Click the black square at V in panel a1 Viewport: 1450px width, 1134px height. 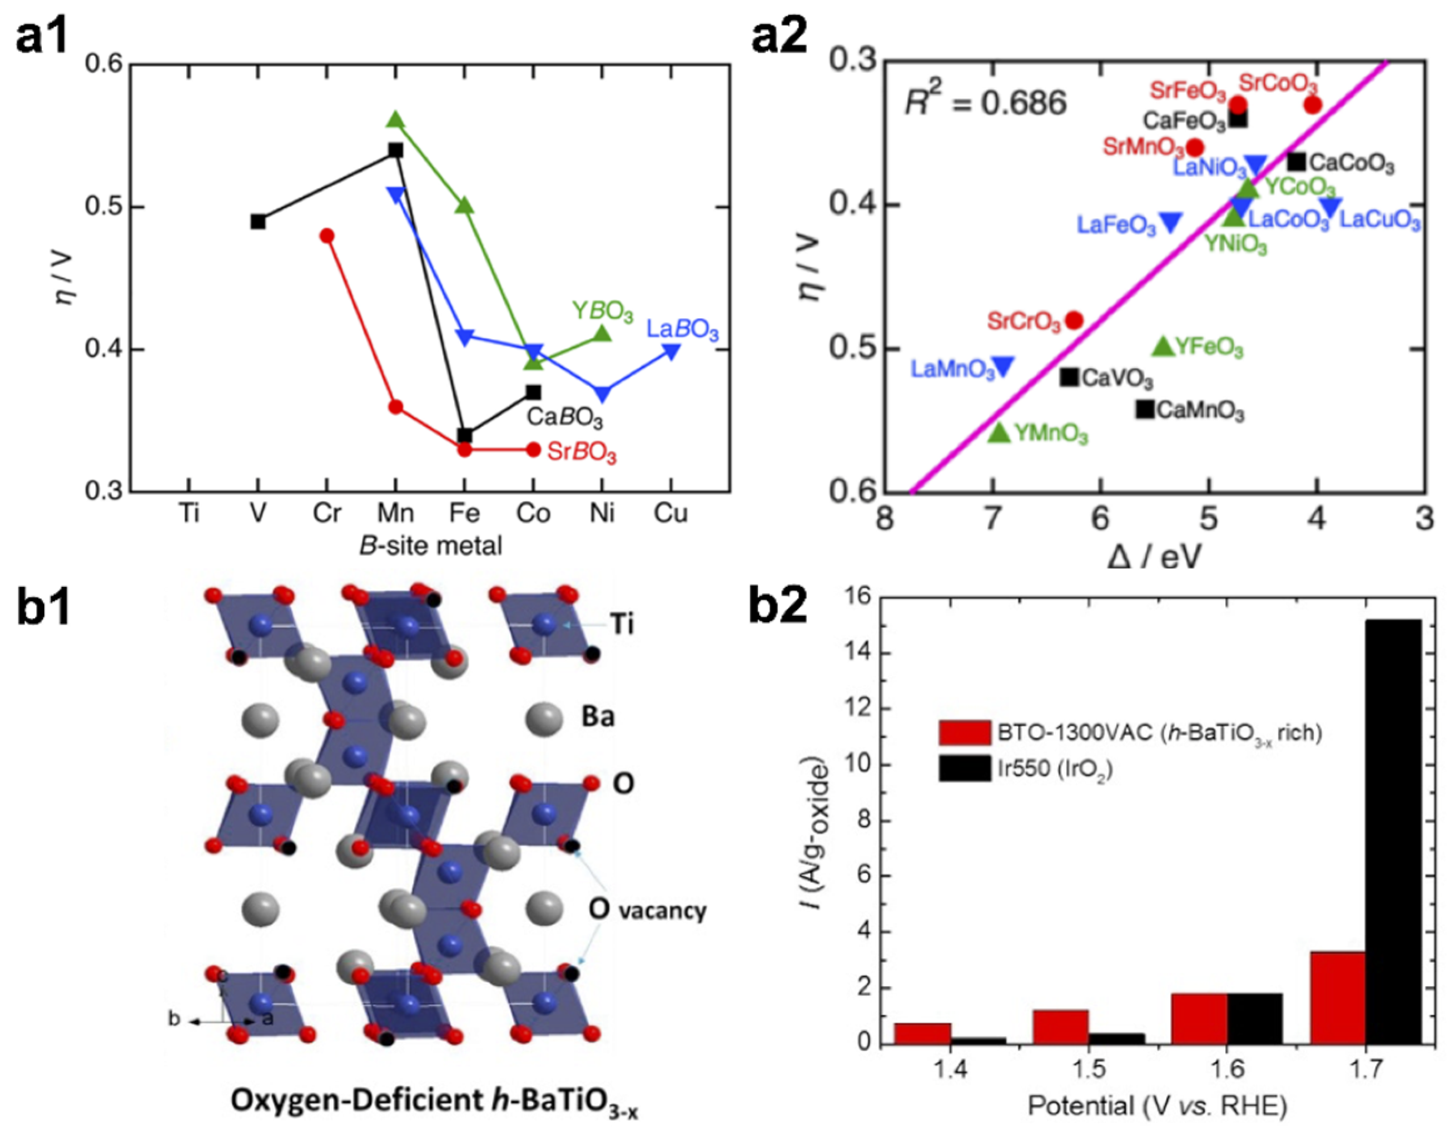259,221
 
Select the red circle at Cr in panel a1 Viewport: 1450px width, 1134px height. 327,236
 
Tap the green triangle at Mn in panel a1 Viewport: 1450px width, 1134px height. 396,119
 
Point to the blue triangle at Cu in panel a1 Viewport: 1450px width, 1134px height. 672,351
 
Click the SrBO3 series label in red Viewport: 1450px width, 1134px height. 581,453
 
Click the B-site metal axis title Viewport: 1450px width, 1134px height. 430,546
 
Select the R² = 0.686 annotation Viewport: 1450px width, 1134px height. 986,103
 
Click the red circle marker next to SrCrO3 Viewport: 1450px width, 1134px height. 1074,321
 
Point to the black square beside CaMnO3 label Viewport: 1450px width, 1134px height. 1144,409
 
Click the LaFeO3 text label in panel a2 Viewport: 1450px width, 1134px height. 1116,225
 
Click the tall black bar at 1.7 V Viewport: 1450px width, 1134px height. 1393,830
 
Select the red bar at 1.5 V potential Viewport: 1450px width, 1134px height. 1060,1027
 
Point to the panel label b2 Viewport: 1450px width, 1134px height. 778,606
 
